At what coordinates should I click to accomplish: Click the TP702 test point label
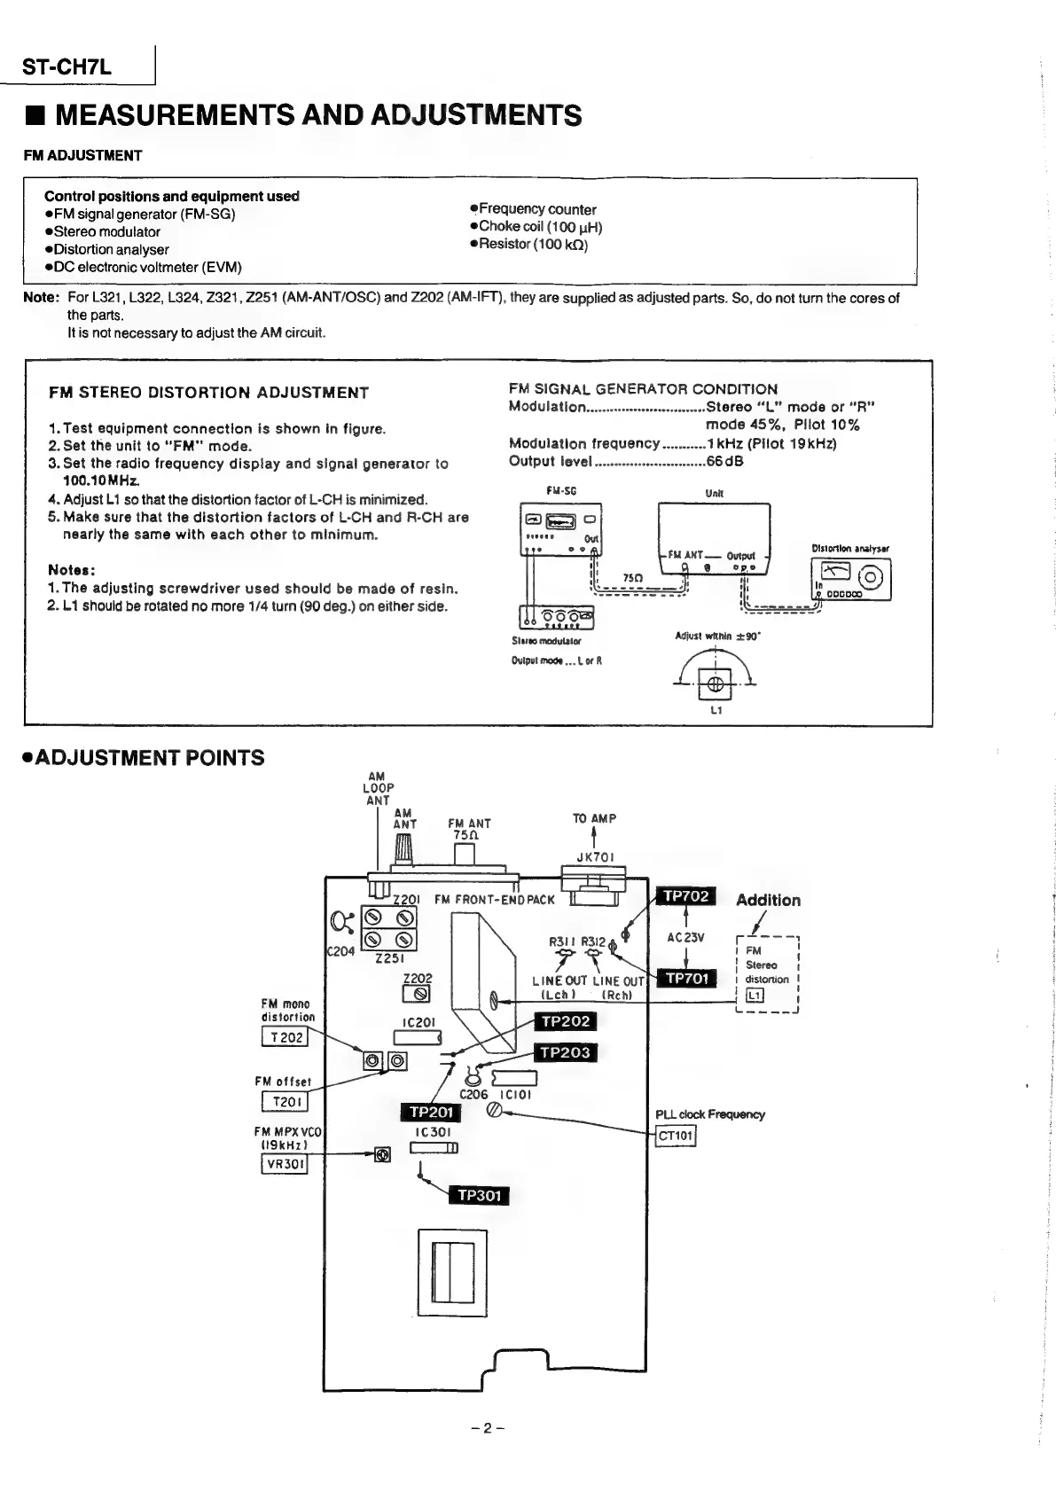686,896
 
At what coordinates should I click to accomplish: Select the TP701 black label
686,979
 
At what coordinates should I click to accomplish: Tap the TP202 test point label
566,1021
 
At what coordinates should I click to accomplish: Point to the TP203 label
566,1052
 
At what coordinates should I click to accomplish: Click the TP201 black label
431,1112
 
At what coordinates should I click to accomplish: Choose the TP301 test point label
479,1196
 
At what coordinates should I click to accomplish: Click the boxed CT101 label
676,1136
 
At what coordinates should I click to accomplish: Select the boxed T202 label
285,1037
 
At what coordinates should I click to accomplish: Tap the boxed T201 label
285,1102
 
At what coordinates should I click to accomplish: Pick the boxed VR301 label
285,1164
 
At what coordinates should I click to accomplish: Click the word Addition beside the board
768,900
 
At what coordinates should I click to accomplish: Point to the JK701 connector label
595,857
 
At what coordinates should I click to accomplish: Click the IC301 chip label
433,1132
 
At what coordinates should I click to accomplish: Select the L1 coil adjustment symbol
716,684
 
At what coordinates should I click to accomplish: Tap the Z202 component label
418,978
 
